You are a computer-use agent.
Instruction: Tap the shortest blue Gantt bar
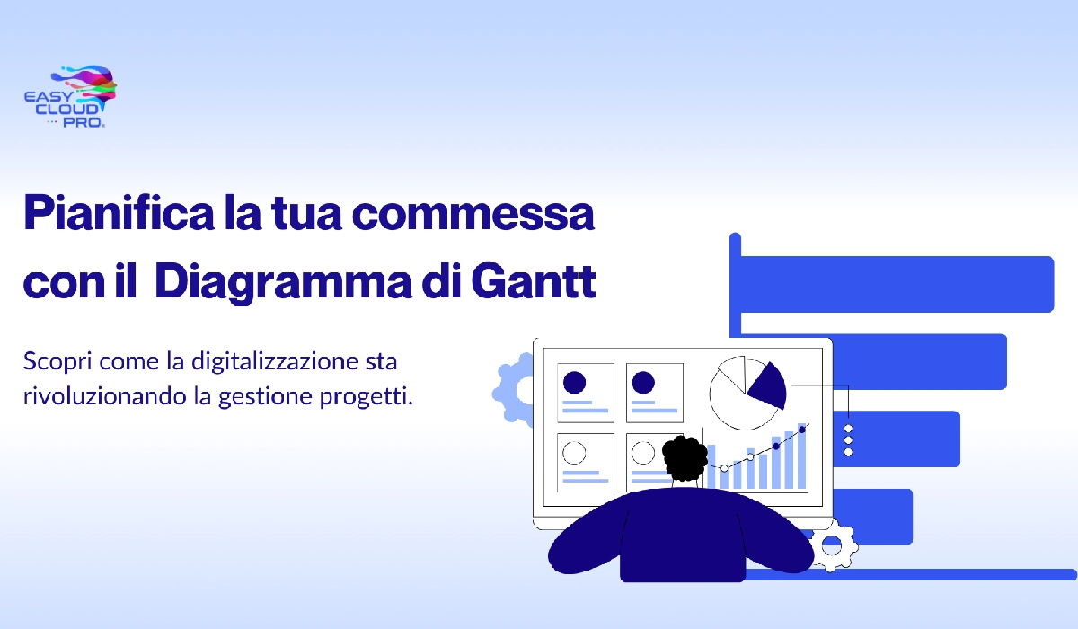[862, 516]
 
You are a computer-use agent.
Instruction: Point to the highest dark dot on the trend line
[802, 429]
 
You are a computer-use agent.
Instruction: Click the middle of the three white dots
[848, 440]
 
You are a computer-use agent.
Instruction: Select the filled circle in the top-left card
[574, 383]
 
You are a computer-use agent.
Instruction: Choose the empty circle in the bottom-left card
[574, 452]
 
